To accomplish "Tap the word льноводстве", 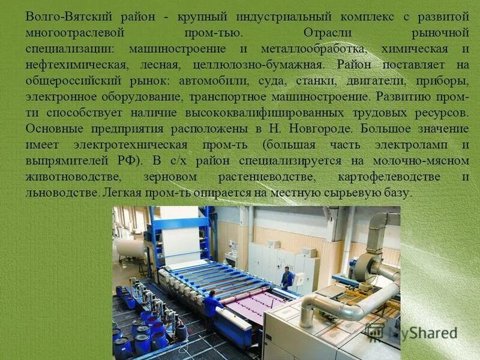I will (x=61, y=193).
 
